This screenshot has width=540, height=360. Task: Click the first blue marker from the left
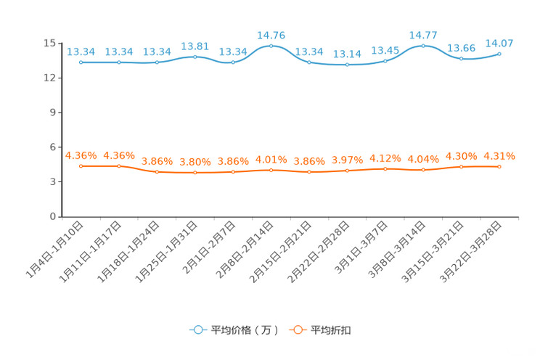click(81, 62)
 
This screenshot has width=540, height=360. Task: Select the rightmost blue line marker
click(499, 54)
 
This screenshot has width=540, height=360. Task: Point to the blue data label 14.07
click(499, 43)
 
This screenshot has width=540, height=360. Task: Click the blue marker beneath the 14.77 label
click(423, 46)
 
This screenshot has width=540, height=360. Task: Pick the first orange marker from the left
click(81, 165)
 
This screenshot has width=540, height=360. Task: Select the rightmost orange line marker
click(499, 166)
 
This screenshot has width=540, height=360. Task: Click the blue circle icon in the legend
click(197, 330)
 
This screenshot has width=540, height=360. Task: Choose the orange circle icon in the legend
click(297, 330)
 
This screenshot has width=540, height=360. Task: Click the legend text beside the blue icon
click(245, 330)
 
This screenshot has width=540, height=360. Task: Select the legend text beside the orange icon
click(332, 330)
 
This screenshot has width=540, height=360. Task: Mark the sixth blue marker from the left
click(271, 46)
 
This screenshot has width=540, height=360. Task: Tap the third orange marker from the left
click(157, 171)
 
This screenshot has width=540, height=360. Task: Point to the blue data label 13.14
click(347, 54)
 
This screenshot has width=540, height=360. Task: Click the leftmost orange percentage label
click(81, 155)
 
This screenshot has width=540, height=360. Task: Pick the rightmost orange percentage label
click(499, 155)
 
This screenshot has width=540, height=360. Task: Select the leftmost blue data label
click(81, 52)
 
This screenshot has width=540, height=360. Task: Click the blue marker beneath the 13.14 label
click(347, 65)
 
